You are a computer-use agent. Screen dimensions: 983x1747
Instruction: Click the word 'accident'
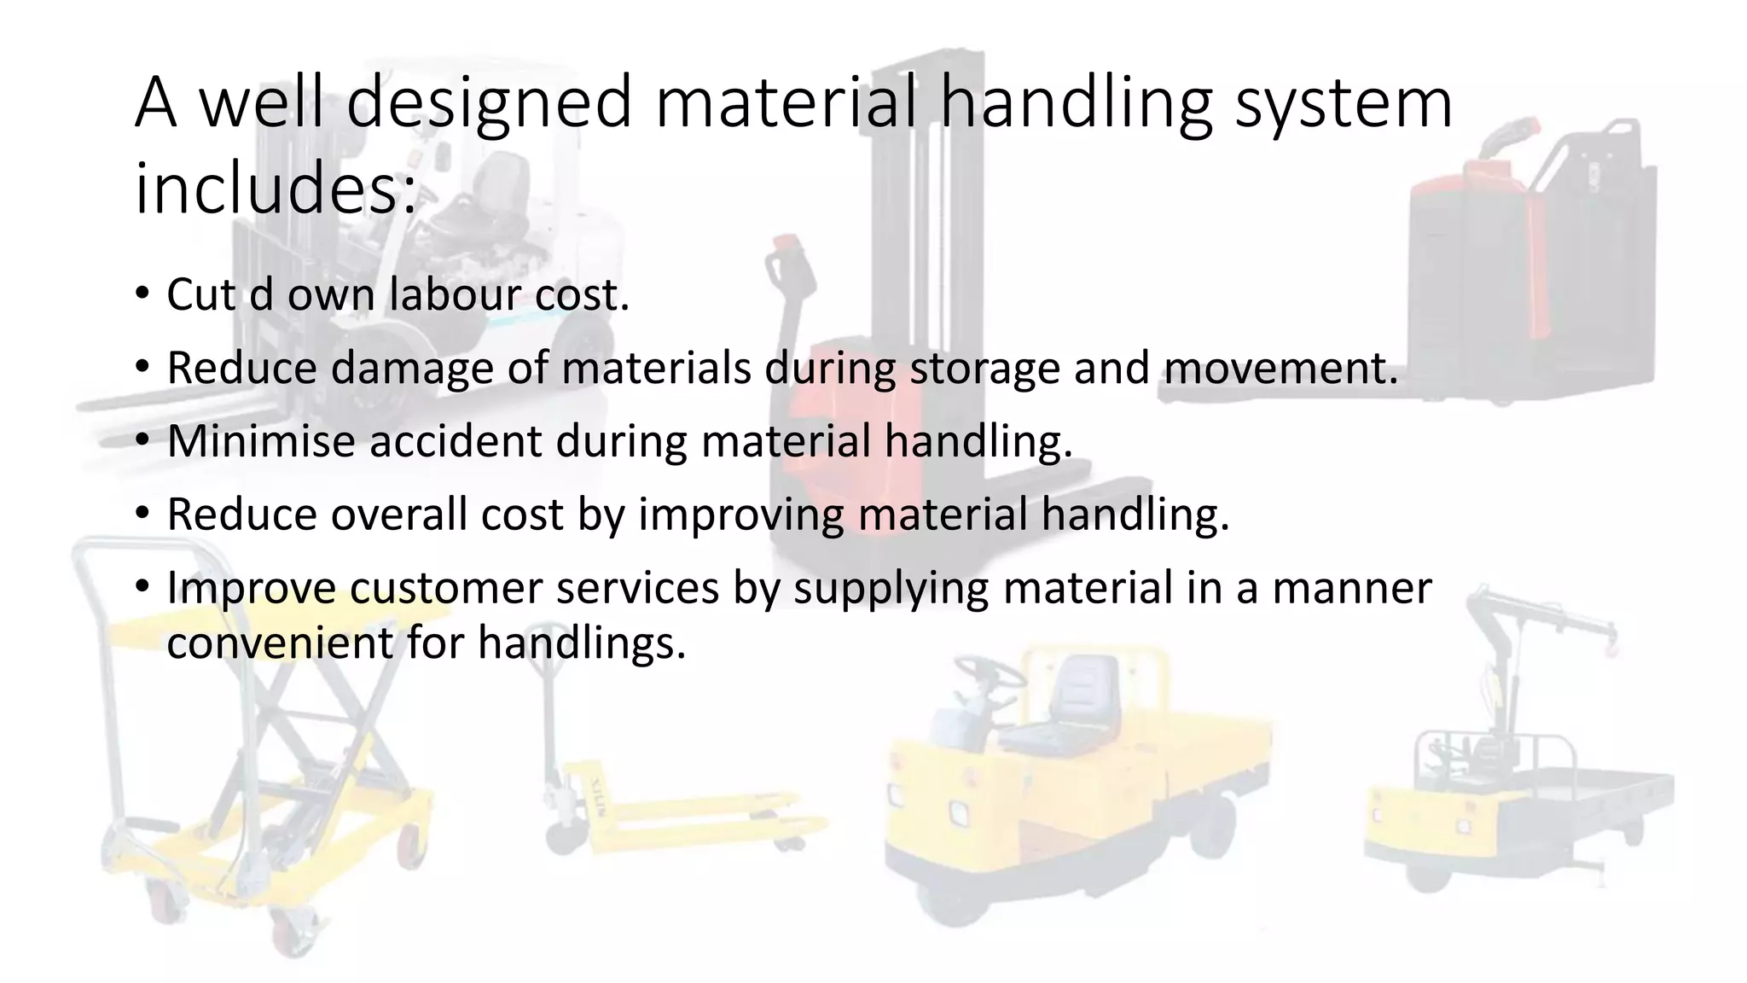455,442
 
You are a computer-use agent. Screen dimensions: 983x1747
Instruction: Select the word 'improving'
740,515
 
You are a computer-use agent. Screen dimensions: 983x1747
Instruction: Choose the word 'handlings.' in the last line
582,643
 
